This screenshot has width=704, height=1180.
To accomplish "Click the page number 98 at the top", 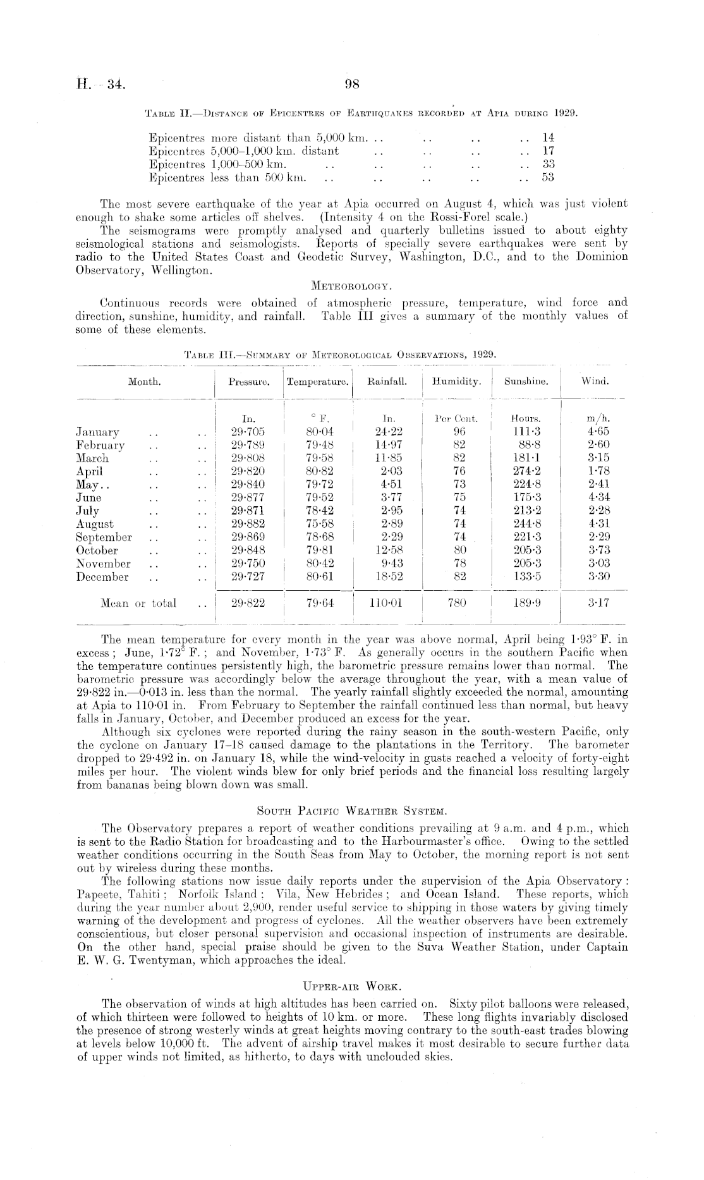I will click(352, 83).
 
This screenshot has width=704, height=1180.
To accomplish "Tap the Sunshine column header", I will click(526, 382).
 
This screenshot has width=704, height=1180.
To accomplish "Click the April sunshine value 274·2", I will click(526, 471).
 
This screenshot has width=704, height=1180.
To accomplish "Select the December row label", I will click(102, 577).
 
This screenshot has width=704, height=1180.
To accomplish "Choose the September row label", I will click(104, 537).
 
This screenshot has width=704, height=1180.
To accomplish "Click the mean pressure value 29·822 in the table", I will click(248, 603).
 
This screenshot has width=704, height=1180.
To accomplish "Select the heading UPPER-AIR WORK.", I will click(352, 986).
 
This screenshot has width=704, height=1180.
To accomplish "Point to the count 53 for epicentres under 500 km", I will click(547, 178).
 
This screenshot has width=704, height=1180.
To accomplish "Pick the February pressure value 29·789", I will click(248, 445).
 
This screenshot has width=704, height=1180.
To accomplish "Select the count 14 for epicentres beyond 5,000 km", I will click(547, 137).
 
